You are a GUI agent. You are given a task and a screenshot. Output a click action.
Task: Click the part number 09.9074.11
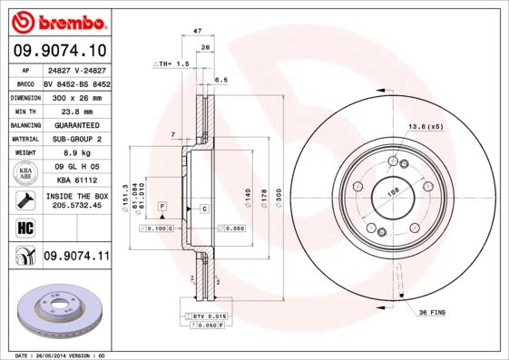click(76, 258)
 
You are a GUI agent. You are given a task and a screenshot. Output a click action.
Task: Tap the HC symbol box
click(22, 228)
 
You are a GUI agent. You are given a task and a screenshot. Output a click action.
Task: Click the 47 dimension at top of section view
click(198, 32)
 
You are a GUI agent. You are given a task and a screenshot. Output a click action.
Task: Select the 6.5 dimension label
click(220, 81)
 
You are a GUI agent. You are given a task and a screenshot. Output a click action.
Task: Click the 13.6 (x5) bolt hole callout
click(425, 126)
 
